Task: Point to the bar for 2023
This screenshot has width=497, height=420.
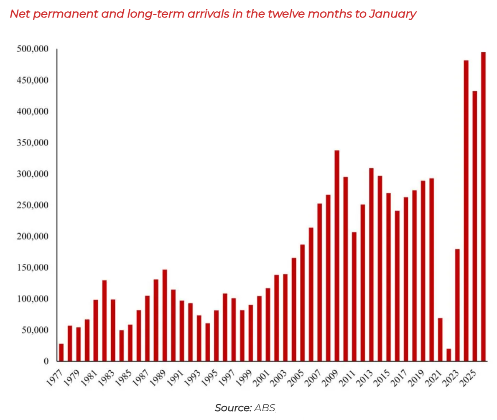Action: point(457,305)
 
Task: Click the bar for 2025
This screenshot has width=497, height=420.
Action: point(474,226)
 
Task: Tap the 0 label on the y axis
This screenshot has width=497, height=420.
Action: point(46,361)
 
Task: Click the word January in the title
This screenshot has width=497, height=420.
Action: point(393,14)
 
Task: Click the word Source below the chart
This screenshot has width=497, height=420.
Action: point(233,408)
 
